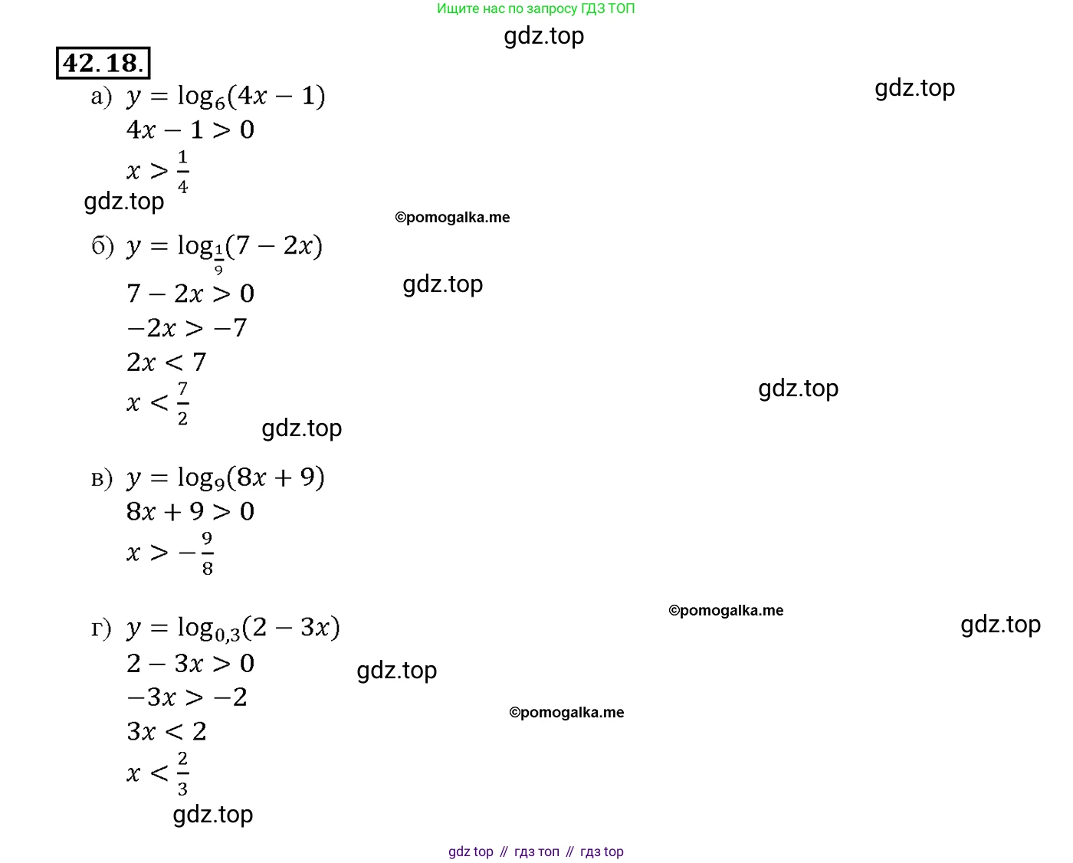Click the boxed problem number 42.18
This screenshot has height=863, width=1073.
(103, 63)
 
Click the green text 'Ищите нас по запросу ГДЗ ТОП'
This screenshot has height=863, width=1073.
(536, 8)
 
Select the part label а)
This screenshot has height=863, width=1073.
(101, 97)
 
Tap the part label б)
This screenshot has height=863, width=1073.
(103, 246)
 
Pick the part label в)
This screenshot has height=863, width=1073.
(102, 478)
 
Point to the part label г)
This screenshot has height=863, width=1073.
(100, 628)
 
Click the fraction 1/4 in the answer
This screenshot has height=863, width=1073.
(182, 172)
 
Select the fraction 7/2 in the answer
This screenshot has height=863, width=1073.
(182, 403)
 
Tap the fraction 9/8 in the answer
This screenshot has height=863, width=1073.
(208, 553)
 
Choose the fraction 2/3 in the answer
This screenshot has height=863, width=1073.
(182, 774)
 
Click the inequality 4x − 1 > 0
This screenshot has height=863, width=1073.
(190, 130)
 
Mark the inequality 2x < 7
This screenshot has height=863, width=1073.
(166, 362)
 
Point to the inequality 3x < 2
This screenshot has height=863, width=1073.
(166, 732)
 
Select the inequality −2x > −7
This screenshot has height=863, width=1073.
(187, 327)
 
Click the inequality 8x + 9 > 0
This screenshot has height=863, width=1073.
(190, 511)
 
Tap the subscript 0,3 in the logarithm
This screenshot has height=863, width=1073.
(228, 635)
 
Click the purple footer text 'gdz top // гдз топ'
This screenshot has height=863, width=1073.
(504, 852)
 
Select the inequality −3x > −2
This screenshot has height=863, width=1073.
(187, 697)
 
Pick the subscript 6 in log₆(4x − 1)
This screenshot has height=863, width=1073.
(220, 103)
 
